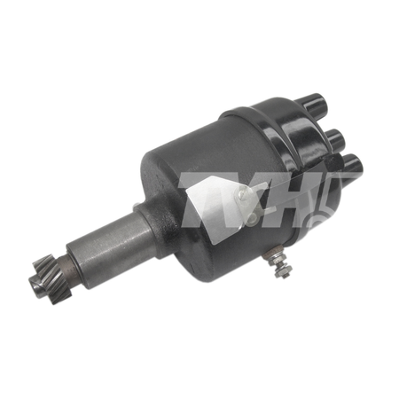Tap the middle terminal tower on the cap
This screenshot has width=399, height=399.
point(335,139)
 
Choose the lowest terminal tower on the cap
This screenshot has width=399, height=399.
point(352,165)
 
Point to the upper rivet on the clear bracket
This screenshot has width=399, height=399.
point(242,193)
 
